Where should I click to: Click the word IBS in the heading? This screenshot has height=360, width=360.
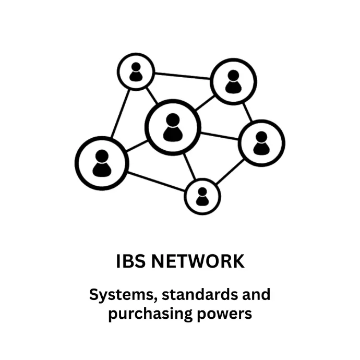[131, 261]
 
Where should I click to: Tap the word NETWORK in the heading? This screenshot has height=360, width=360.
[198, 261]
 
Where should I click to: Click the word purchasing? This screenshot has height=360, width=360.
[150, 315]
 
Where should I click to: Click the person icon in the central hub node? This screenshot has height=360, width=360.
[173, 127]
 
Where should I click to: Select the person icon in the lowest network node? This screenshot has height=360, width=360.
[202, 197]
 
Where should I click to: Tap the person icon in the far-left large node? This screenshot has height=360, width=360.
[102, 163]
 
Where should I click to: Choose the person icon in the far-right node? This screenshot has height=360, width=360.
[261, 143]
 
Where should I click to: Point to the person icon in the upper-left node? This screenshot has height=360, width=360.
[136, 71]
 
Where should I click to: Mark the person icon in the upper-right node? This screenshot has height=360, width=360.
[233, 82]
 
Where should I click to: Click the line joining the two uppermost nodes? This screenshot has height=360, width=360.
[182, 76]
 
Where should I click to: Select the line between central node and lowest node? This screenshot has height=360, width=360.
[189, 166]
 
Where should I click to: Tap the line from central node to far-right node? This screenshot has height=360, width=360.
[220, 136]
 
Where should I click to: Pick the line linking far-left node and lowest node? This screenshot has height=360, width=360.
[156, 182]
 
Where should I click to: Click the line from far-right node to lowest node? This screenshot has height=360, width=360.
[230, 172]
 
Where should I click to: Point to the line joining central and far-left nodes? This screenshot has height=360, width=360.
[137, 146]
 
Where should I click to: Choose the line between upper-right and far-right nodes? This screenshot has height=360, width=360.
[247, 112]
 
